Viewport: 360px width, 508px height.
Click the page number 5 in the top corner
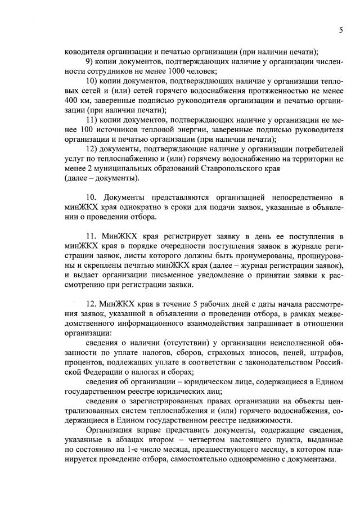(x=341, y=30)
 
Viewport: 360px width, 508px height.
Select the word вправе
(x=148, y=430)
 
